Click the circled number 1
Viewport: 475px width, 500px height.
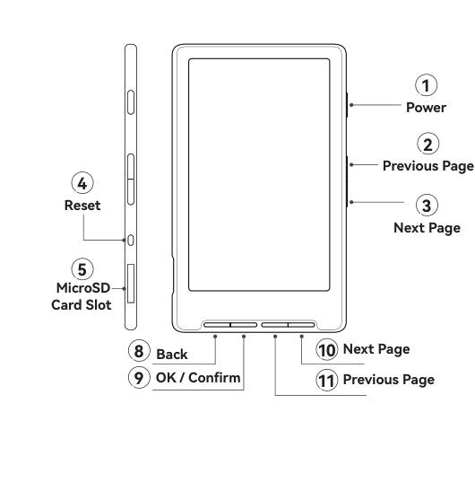(426, 84)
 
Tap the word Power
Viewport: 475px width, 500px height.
(426, 108)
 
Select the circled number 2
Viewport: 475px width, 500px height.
(427, 144)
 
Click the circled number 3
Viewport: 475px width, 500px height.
(427, 205)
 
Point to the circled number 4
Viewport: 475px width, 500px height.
(82, 183)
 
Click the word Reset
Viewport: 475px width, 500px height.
(82, 205)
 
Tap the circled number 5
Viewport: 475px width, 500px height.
(82, 269)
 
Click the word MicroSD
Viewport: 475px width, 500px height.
(83, 288)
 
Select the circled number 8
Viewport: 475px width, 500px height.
(139, 351)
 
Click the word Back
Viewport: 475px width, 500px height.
(172, 355)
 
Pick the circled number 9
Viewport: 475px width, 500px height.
(139, 378)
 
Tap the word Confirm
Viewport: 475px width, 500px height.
(214, 378)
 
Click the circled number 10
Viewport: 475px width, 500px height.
(326, 350)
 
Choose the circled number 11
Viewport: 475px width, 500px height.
(326, 380)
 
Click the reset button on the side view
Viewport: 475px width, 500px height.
(131, 240)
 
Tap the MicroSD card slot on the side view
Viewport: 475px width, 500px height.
(131, 283)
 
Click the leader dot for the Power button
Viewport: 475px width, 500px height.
(351, 105)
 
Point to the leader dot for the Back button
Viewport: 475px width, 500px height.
(215, 337)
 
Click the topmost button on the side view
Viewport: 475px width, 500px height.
(131, 102)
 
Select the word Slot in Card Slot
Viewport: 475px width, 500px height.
(99, 305)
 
